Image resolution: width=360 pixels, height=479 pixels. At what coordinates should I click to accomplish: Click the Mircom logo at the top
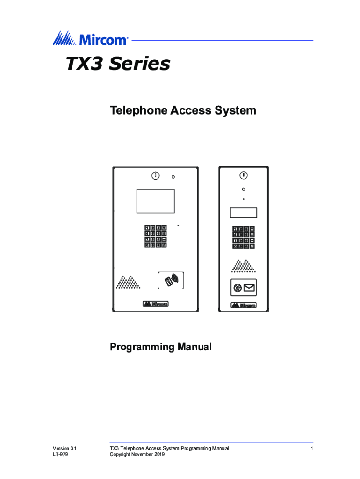90,38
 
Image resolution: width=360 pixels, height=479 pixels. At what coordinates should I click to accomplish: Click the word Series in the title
139,64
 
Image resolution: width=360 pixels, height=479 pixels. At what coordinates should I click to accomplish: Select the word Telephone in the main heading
138,110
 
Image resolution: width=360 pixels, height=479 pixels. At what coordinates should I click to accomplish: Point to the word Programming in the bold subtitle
142,347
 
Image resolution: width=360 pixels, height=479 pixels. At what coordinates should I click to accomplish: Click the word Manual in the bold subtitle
195,347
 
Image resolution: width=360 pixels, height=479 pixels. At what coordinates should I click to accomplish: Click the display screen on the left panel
155,201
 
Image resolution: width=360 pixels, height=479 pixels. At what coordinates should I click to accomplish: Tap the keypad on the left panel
155,236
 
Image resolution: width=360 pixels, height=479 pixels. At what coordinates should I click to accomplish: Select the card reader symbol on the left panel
171,280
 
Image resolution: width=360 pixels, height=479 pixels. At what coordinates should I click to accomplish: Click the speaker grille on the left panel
128,282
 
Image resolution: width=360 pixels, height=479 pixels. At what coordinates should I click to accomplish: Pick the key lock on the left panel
155,176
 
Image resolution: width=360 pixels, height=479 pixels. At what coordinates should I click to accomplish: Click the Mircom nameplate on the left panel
155,304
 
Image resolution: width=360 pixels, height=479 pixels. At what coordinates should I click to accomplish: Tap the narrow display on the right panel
244,213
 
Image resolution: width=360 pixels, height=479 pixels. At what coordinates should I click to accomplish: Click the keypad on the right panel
244,238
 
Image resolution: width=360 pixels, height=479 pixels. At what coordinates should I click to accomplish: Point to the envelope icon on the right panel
249,288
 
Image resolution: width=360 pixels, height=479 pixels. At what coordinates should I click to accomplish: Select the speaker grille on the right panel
244,266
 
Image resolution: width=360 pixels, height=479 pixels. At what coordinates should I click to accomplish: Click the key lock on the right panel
244,175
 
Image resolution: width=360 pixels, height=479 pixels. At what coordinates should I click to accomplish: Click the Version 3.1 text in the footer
65,449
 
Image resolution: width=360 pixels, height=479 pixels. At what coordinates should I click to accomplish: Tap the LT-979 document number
60,455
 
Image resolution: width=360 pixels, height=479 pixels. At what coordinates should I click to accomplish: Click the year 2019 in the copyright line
159,455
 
